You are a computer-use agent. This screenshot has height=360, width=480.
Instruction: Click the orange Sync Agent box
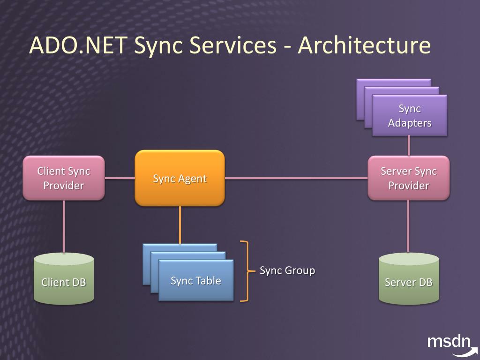click(180, 178)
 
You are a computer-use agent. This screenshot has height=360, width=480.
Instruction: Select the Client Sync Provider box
click(64, 178)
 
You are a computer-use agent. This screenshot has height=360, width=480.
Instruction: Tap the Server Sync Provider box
click(408, 178)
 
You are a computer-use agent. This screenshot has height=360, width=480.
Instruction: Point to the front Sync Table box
click(196, 281)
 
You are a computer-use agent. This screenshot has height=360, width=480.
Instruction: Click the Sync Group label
click(287, 270)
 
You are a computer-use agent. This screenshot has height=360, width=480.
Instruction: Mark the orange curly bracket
click(244, 270)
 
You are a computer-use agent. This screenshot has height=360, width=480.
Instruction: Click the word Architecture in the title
click(364, 45)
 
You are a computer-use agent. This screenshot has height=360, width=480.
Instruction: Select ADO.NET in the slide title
click(78, 45)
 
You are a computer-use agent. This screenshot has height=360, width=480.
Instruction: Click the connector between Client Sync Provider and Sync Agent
click(120, 178)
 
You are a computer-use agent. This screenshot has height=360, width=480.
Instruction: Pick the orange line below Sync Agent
click(180, 225)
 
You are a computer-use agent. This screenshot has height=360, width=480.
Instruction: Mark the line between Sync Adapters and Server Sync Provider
click(409, 146)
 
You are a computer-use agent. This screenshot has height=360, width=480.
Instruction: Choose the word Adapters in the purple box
click(410, 123)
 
